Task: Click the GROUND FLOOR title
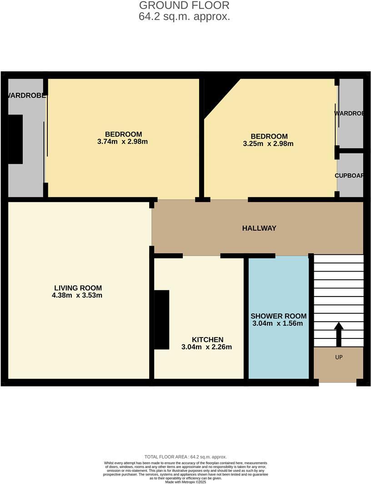click(184, 5)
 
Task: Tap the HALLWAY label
click(259, 228)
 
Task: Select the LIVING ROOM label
click(78, 288)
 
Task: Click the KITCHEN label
click(207, 340)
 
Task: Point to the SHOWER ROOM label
click(279, 316)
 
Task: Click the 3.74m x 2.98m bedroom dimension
click(123, 142)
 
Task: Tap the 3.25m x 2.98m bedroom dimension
click(268, 144)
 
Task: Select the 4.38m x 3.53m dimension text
click(78, 296)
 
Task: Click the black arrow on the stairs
click(339, 334)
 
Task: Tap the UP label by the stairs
click(339, 358)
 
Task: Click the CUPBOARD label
click(349, 176)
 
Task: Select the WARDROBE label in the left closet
click(26, 96)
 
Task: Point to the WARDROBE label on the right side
click(349, 113)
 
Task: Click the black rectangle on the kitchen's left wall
click(161, 319)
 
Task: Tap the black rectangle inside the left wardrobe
click(15, 139)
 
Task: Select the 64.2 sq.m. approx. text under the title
click(184, 17)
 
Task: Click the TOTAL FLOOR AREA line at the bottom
click(185, 457)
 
